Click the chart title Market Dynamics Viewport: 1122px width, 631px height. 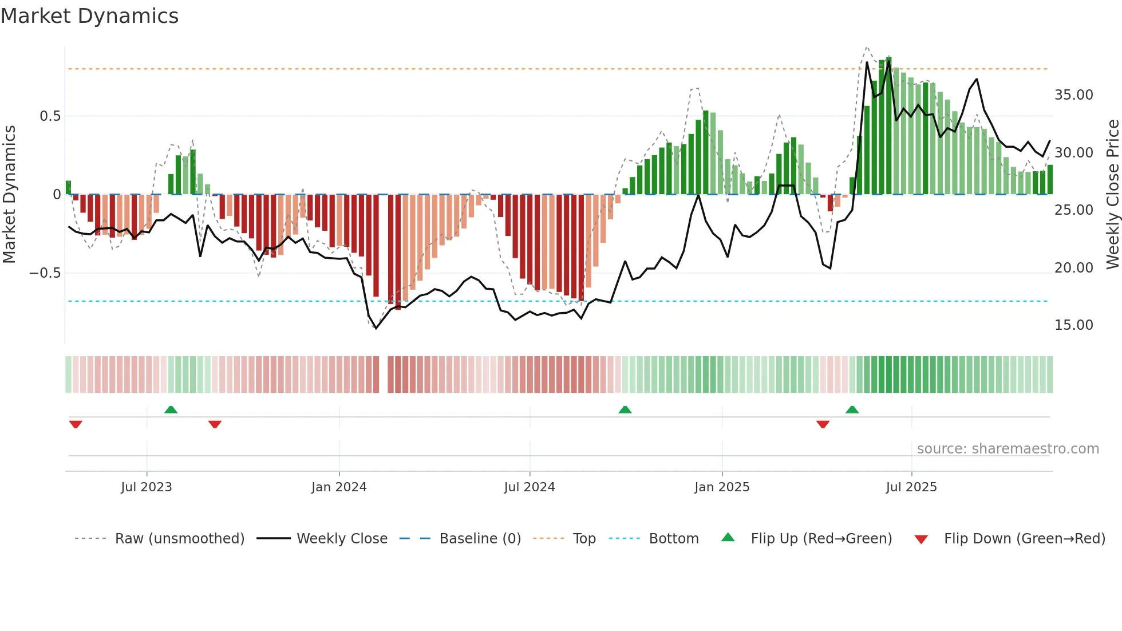pos(89,16)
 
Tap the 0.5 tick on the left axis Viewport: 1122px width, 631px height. pos(50,116)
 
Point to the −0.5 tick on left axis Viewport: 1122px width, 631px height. pos(45,273)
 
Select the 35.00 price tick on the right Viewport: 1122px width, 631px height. pos(1073,95)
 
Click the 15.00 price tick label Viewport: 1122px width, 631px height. pos(1073,325)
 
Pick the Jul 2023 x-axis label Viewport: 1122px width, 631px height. pos(147,487)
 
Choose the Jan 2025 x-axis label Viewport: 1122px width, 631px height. pos(722,487)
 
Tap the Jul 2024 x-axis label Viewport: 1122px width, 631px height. pos(530,487)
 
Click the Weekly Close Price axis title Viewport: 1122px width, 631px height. pos(1112,195)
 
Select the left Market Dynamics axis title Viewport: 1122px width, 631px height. pos(9,195)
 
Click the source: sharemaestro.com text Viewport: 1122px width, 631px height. pos(1008,449)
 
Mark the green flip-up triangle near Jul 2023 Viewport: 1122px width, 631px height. pos(171,409)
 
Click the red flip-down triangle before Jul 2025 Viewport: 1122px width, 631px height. pos(823,424)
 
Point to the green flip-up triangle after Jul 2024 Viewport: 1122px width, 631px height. pos(625,409)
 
